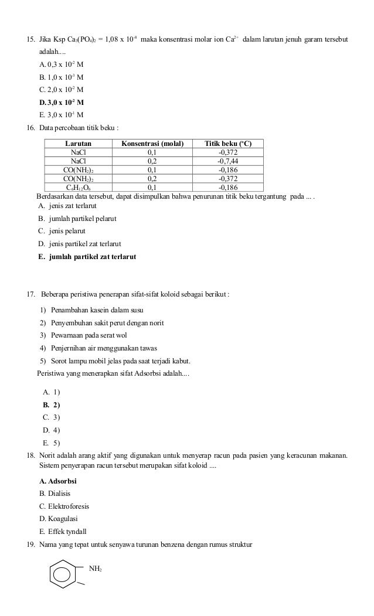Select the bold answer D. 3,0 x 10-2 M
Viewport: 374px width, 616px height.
point(61,102)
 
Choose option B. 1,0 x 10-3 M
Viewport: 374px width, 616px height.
point(61,77)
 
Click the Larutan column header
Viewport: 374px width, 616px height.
point(78,143)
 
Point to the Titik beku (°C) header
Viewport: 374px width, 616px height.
point(228,143)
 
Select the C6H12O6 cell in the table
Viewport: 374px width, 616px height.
point(78,188)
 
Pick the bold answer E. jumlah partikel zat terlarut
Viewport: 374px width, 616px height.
point(87,256)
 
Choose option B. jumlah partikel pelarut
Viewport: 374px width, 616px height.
point(77,219)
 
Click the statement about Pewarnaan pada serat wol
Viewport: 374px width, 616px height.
point(89,335)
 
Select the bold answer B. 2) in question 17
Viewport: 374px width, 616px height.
point(52,404)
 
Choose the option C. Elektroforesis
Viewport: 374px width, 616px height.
point(64,506)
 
